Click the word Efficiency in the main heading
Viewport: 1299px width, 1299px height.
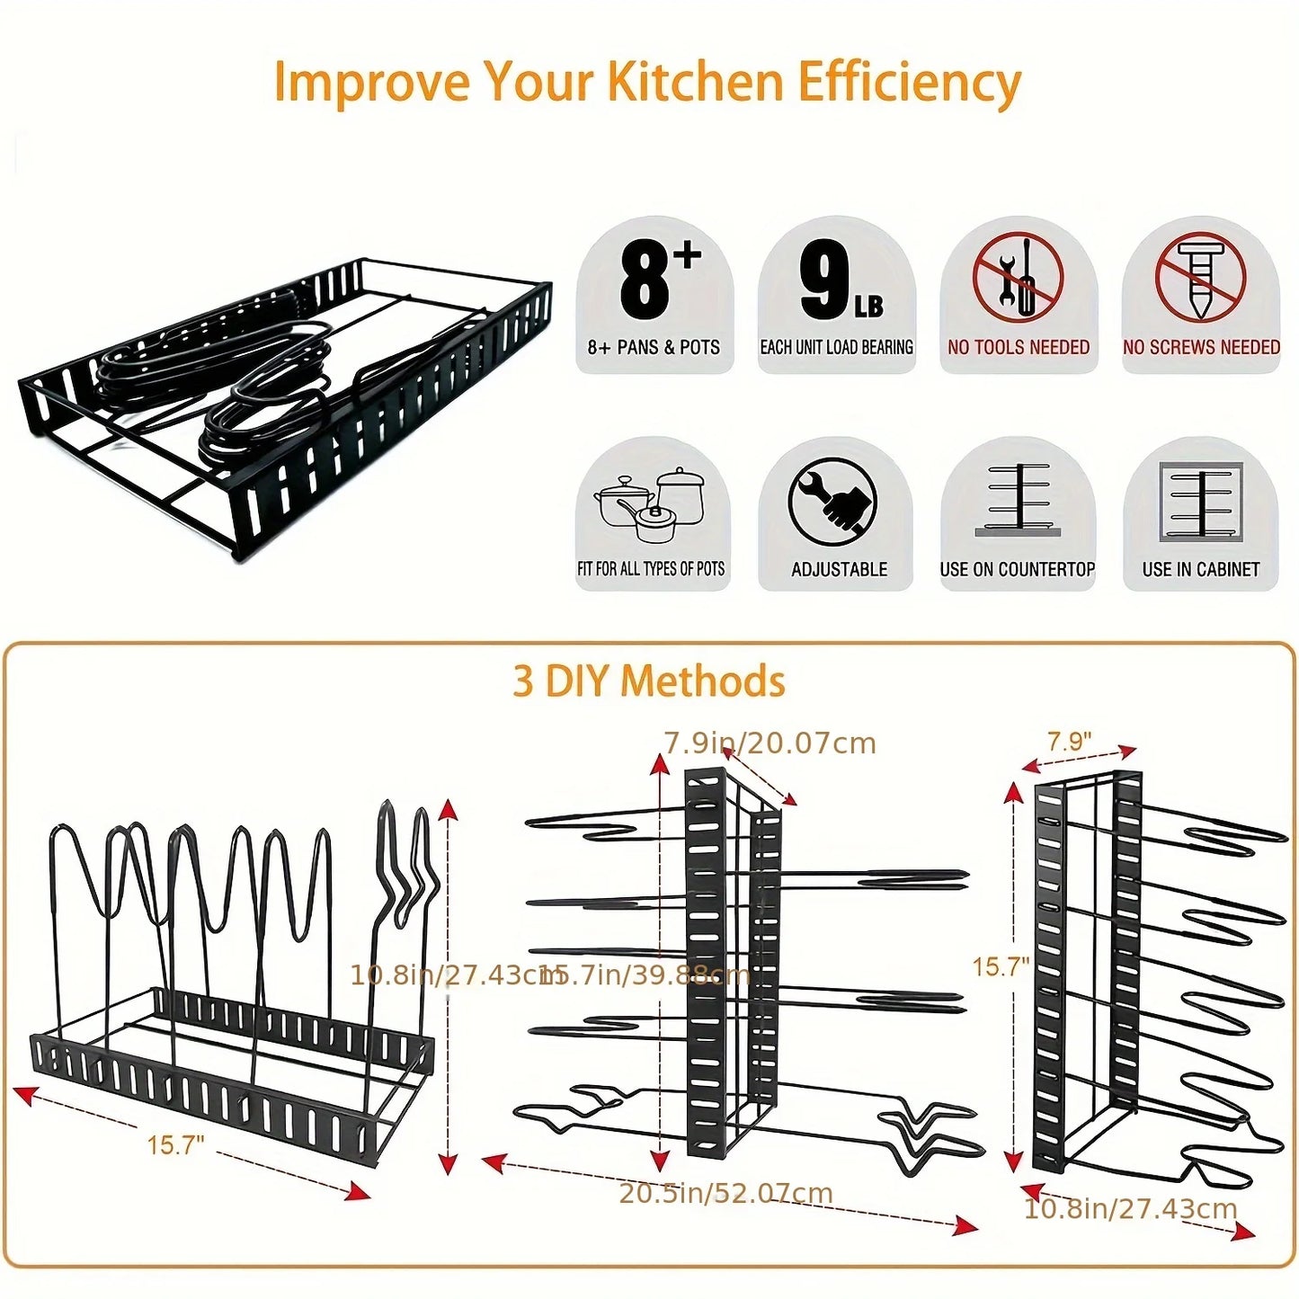[908, 83]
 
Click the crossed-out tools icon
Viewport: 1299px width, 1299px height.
[1018, 277]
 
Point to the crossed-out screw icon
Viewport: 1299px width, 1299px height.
[1200, 277]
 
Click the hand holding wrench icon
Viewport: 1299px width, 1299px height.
[833, 502]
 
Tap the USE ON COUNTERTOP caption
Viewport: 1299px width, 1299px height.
[1017, 570]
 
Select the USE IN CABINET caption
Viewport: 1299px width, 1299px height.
[1200, 570]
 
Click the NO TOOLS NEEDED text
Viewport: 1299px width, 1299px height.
[1018, 348]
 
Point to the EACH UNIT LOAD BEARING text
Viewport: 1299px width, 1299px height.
[836, 348]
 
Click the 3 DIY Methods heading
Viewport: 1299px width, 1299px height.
[648, 681]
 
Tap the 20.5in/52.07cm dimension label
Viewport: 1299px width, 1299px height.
[725, 1194]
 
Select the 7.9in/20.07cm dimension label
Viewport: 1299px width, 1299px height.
[770, 743]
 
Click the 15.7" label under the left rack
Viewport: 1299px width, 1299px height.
[175, 1145]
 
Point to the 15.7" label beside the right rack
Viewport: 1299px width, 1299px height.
[1000, 967]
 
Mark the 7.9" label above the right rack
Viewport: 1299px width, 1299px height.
[1069, 742]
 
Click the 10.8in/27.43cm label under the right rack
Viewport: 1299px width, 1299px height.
[1130, 1209]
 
